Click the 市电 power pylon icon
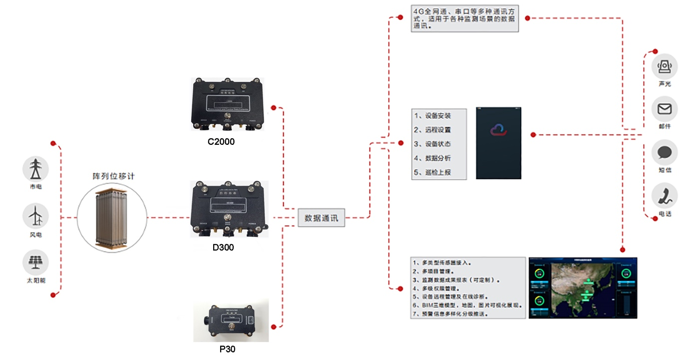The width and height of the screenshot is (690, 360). pos(35,169)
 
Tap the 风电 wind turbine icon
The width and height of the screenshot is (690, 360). pos(35,216)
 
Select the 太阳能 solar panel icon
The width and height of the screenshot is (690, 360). pos(35,261)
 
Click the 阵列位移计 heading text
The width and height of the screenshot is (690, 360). pos(114,176)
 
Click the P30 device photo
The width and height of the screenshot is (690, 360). pos(231,321)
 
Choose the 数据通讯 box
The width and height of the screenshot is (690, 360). pos(322,218)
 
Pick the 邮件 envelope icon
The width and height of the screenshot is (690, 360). pos(665,109)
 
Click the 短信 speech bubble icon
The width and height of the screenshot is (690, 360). pos(665,153)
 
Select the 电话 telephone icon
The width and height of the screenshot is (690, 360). pos(665,195)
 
